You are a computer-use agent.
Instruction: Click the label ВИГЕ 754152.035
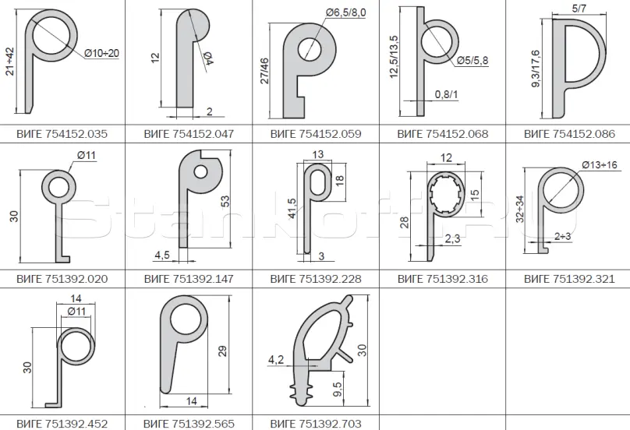[x=62, y=134]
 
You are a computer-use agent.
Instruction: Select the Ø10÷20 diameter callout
[x=102, y=53]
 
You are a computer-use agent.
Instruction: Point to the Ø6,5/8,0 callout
[x=346, y=12]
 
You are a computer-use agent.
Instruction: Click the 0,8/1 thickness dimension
[x=446, y=94]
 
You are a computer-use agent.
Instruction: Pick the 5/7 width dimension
[x=579, y=9]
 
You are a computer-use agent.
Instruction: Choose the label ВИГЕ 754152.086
[x=569, y=134]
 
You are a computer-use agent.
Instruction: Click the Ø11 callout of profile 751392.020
[x=87, y=155]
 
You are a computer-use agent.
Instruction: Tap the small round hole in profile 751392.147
[x=200, y=172]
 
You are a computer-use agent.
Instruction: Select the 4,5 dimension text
[x=162, y=255]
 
